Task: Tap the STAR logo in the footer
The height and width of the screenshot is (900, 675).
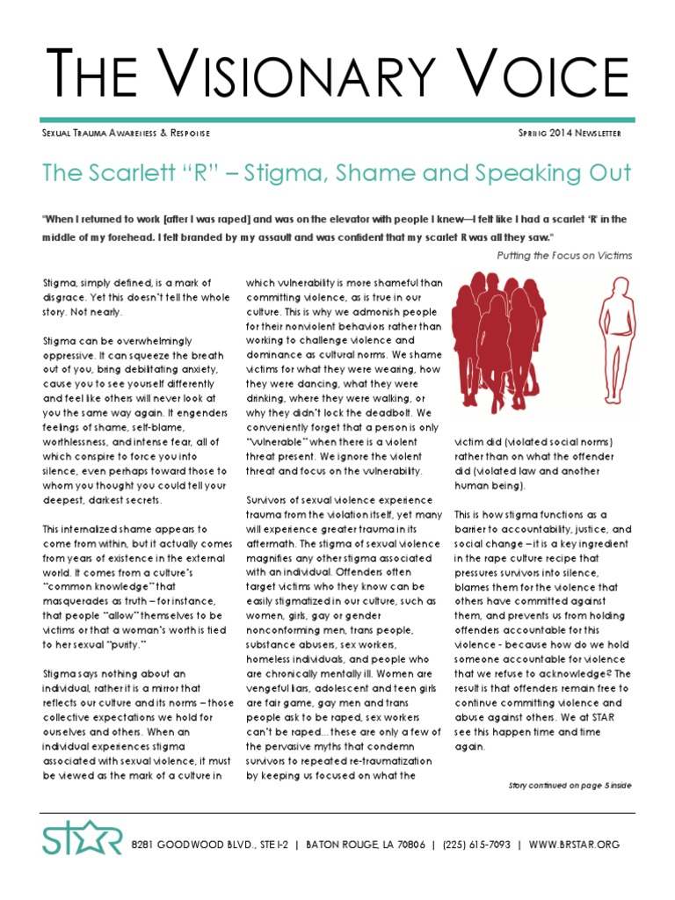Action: [x=82, y=840]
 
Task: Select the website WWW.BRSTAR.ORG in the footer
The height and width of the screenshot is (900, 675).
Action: [x=576, y=845]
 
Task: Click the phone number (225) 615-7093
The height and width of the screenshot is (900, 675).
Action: [x=478, y=845]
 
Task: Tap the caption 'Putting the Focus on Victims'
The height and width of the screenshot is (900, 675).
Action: [x=564, y=256]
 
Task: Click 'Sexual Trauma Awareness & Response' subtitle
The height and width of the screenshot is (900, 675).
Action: [x=127, y=133]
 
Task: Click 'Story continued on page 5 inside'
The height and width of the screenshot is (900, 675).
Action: [x=570, y=785]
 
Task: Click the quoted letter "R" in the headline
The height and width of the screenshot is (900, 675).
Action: [x=189, y=173]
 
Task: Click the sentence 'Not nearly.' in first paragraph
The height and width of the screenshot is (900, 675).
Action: [x=98, y=312]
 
